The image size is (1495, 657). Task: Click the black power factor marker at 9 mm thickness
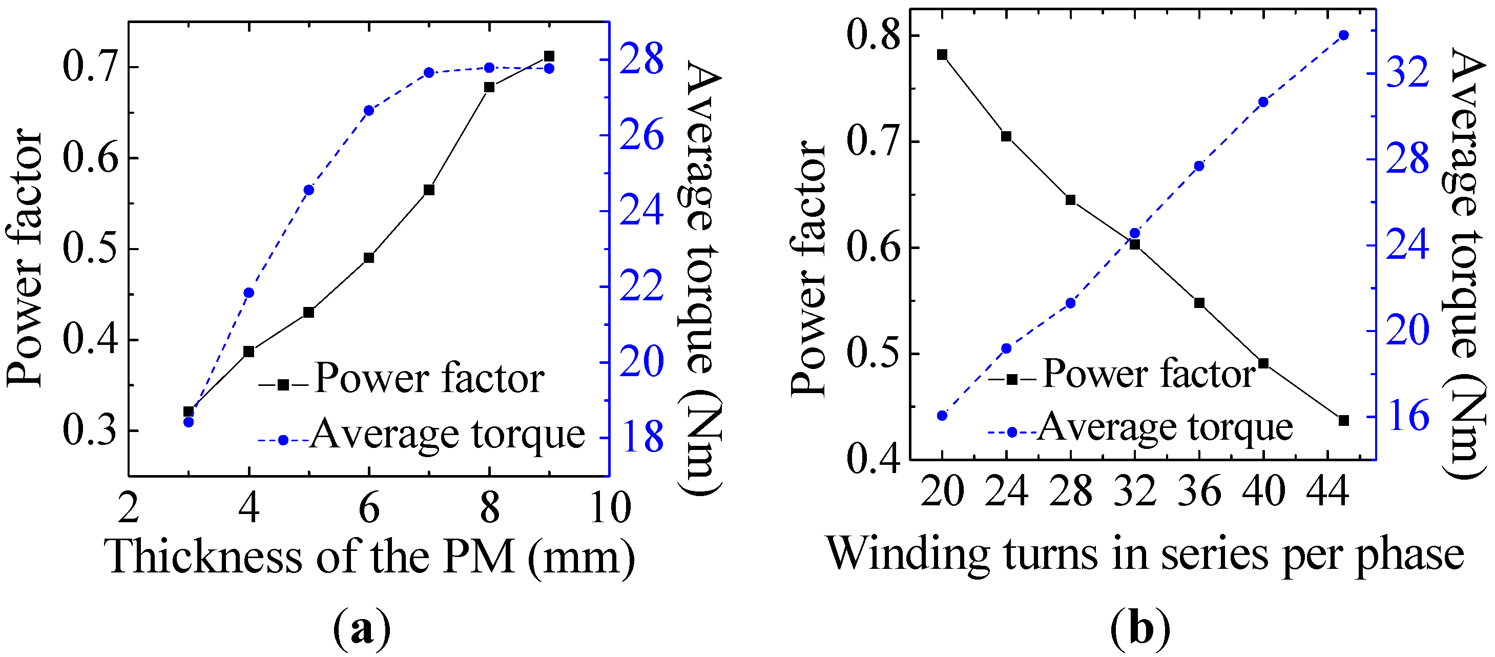point(549,56)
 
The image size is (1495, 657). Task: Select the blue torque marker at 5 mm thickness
point(309,190)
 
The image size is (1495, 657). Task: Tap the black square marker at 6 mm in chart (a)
point(369,258)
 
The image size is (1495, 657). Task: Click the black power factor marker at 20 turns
point(942,54)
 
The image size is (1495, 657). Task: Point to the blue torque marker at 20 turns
point(942,416)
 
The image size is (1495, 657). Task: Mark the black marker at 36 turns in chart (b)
point(1199,303)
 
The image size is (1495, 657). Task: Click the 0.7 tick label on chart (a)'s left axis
point(90,66)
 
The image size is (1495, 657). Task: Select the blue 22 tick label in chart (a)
point(641,285)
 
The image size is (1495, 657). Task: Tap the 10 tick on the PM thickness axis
point(609,508)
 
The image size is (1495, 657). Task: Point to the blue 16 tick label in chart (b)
point(1407,416)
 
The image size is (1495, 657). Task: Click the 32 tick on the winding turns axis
point(1135,491)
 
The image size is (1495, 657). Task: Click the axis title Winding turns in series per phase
point(1145,555)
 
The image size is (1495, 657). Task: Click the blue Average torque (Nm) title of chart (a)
point(703,279)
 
